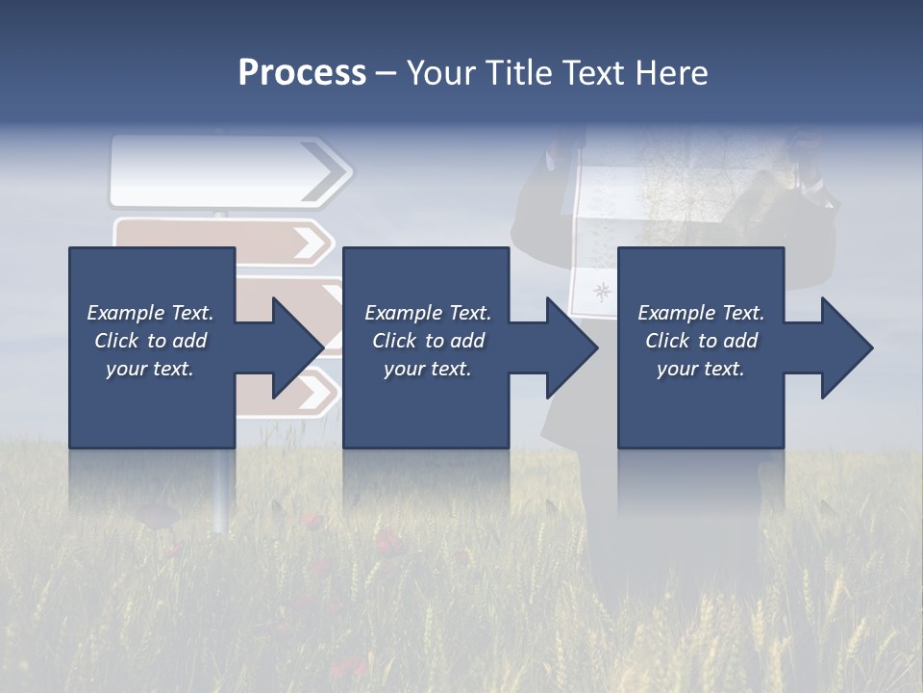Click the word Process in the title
tap(302, 73)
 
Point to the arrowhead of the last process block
tap(845, 347)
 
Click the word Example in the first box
tap(126, 313)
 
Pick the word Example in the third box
tap(677, 313)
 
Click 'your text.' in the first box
tap(150, 369)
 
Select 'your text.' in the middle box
tap(428, 369)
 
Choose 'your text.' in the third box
tap(701, 369)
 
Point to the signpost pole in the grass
tap(221, 491)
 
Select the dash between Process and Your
tap(386, 73)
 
